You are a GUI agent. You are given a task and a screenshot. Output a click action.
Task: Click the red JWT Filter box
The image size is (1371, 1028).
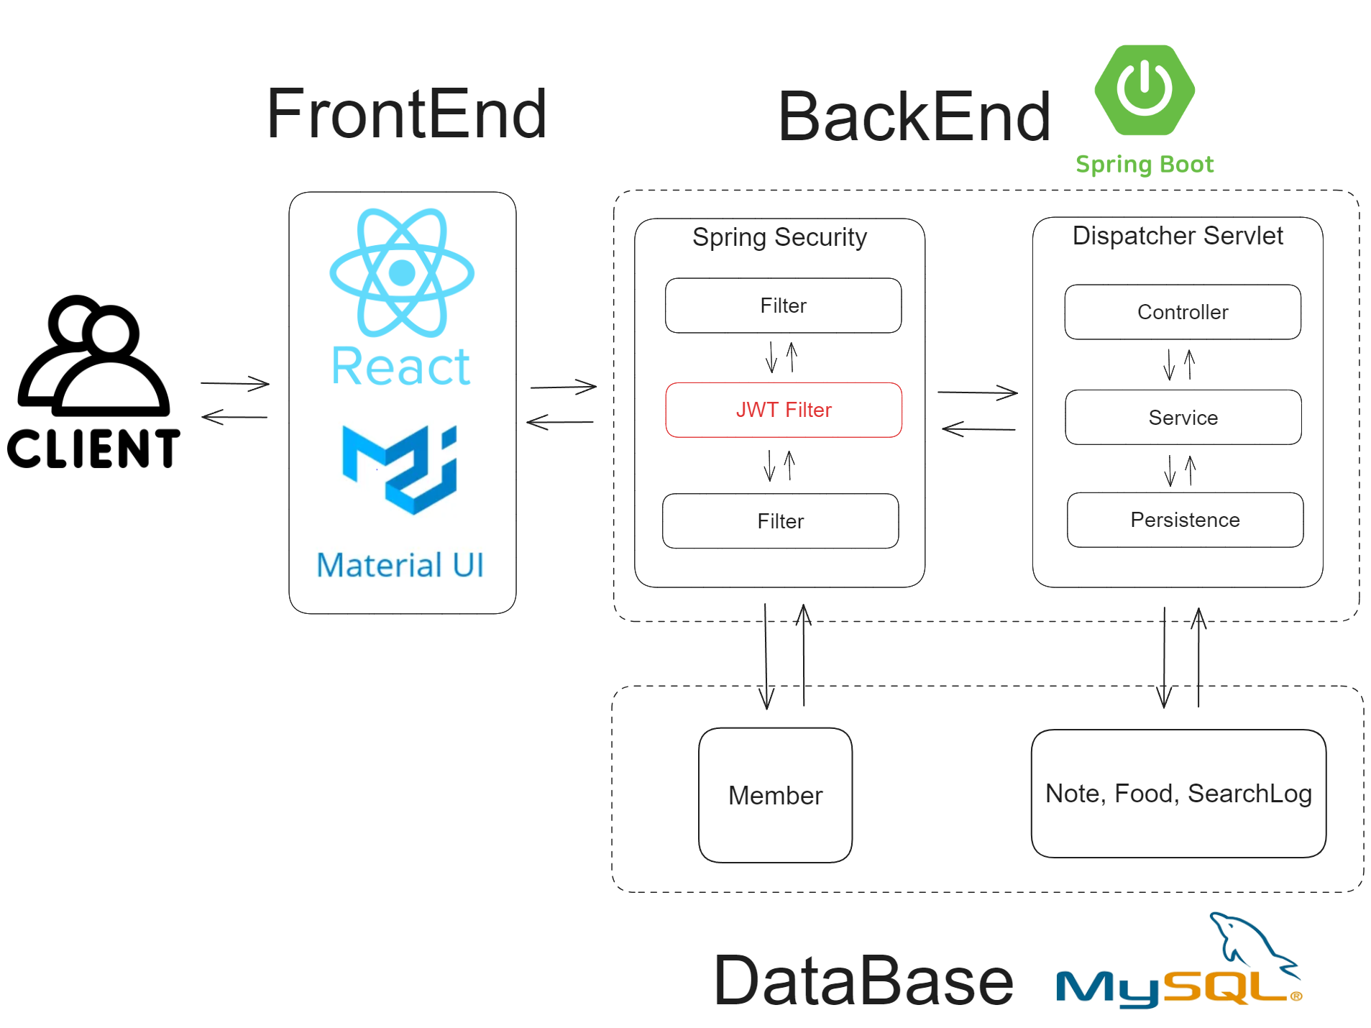[783, 410]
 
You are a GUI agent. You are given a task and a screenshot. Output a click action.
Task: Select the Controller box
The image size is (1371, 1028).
[1182, 312]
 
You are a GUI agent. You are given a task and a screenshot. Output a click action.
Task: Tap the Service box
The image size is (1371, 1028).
[1183, 418]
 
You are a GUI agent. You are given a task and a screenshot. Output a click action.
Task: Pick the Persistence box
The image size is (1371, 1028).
[1185, 520]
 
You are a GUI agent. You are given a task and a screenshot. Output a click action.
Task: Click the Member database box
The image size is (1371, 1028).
[775, 795]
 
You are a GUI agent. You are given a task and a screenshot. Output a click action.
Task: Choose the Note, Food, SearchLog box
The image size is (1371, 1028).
[1178, 794]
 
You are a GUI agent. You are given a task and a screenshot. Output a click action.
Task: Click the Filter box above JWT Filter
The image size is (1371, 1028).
[783, 306]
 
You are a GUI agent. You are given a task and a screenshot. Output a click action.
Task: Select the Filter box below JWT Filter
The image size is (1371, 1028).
[780, 521]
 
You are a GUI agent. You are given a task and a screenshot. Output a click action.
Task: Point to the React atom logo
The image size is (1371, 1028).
[401, 273]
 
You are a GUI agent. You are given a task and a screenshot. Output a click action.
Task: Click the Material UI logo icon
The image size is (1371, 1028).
[400, 469]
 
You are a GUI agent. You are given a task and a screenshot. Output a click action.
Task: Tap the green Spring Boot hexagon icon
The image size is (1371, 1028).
[1144, 90]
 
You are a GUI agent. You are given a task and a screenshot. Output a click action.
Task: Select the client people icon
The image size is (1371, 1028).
[94, 356]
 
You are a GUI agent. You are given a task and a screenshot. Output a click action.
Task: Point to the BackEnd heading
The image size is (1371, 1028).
[914, 116]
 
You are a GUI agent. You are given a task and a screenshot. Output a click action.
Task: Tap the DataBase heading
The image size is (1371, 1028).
[863, 981]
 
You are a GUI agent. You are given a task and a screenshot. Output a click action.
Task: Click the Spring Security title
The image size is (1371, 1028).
[779, 237]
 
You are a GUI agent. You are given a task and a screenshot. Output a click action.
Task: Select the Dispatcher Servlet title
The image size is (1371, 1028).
[1177, 236]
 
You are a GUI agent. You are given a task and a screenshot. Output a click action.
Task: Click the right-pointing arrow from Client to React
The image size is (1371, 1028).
[235, 384]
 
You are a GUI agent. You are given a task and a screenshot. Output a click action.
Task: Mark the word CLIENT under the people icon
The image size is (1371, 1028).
[93, 449]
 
